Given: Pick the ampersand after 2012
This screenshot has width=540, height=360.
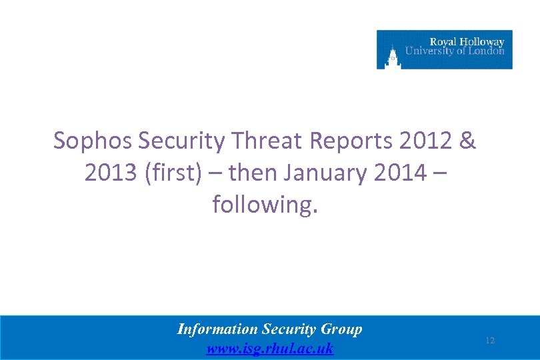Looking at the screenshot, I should tap(468, 141).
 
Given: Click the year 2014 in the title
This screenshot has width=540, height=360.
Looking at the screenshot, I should tap(399, 173).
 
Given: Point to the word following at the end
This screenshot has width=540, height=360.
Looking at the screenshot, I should tap(265, 205).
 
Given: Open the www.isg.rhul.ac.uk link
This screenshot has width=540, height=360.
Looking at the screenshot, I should tap(270, 349).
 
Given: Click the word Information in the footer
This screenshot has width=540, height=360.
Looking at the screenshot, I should tap(217, 329).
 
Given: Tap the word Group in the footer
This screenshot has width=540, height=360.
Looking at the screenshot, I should tap(341, 329).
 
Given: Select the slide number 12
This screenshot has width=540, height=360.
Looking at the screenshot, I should tap(490, 341).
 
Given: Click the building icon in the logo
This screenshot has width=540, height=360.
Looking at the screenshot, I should tap(393, 55).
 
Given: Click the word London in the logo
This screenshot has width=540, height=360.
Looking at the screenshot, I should tap(487, 51).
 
